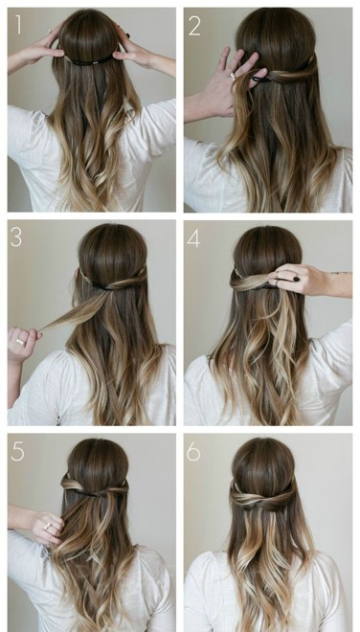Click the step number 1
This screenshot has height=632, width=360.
(18, 24)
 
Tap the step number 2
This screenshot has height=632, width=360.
(194, 26)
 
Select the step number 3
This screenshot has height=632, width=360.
(16, 237)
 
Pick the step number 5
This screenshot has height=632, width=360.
(17, 452)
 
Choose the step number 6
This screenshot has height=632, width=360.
(193, 453)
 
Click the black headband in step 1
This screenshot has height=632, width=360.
(90, 61)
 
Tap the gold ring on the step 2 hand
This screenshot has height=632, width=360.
(234, 77)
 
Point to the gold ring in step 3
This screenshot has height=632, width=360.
(20, 342)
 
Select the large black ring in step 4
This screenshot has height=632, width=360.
(296, 279)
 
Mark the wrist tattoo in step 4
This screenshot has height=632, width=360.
(339, 273)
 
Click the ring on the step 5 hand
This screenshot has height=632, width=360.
(48, 526)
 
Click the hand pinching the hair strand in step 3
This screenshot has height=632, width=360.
(23, 343)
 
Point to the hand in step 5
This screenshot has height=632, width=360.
(46, 526)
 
